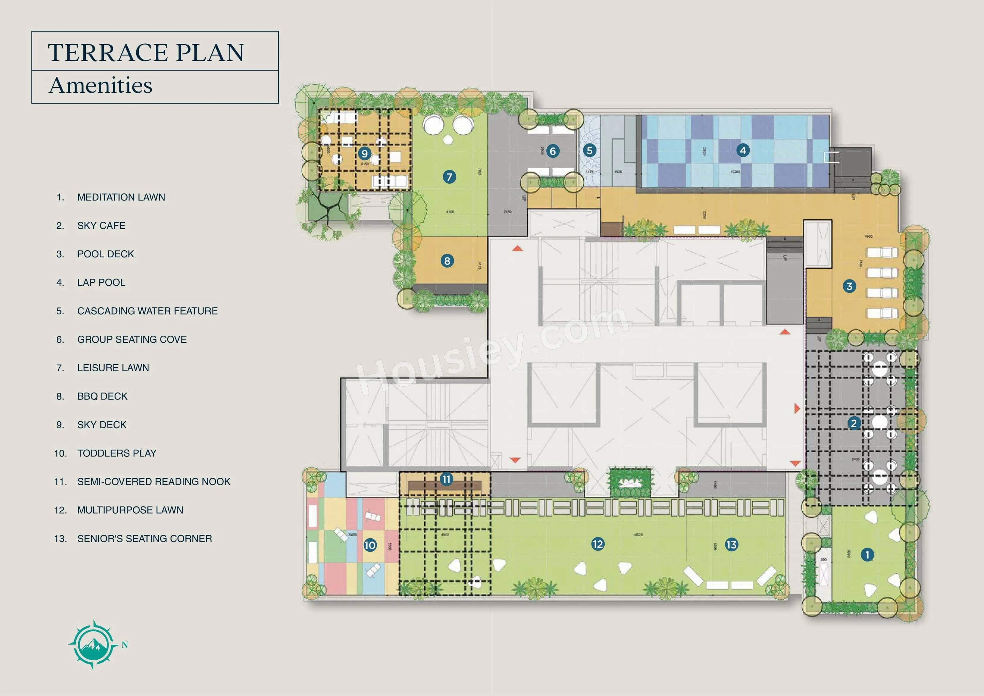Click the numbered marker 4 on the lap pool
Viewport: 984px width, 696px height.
pos(743,151)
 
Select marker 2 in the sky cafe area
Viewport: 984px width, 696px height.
pos(853,423)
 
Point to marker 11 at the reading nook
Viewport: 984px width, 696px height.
pos(447,479)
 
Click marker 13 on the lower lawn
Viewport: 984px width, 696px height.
pos(731,545)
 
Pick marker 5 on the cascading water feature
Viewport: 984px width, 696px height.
pos(589,151)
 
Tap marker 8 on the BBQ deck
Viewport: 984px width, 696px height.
pos(447,261)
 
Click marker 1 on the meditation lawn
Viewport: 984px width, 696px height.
pos(867,555)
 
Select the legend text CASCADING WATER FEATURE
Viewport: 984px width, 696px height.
pos(147,311)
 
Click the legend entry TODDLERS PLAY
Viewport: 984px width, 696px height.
pos(117,453)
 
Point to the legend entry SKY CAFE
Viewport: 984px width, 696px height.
pos(101,226)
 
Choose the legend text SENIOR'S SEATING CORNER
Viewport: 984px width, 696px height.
pos(144,539)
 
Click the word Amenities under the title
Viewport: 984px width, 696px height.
pos(101,85)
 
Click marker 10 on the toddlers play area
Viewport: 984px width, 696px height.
pos(370,545)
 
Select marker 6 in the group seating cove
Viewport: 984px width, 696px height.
pos(553,151)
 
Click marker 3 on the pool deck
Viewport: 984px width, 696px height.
pos(849,286)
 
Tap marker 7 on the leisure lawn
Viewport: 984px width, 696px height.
pos(449,177)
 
